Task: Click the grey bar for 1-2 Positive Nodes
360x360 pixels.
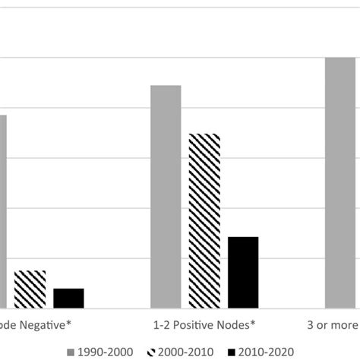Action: tap(166, 197)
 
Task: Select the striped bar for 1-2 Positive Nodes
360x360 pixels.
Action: tap(204, 221)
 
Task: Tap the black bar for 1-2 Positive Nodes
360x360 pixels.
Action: tap(243, 273)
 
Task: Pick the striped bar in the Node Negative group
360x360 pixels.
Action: tap(30, 289)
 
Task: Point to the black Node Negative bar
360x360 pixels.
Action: tap(68, 298)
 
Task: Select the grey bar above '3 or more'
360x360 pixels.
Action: tap(340, 182)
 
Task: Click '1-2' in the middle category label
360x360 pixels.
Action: tap(161, 325)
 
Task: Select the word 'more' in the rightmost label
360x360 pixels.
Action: tap(343, 325)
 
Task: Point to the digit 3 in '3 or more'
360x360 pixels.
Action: tap(308, 325)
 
